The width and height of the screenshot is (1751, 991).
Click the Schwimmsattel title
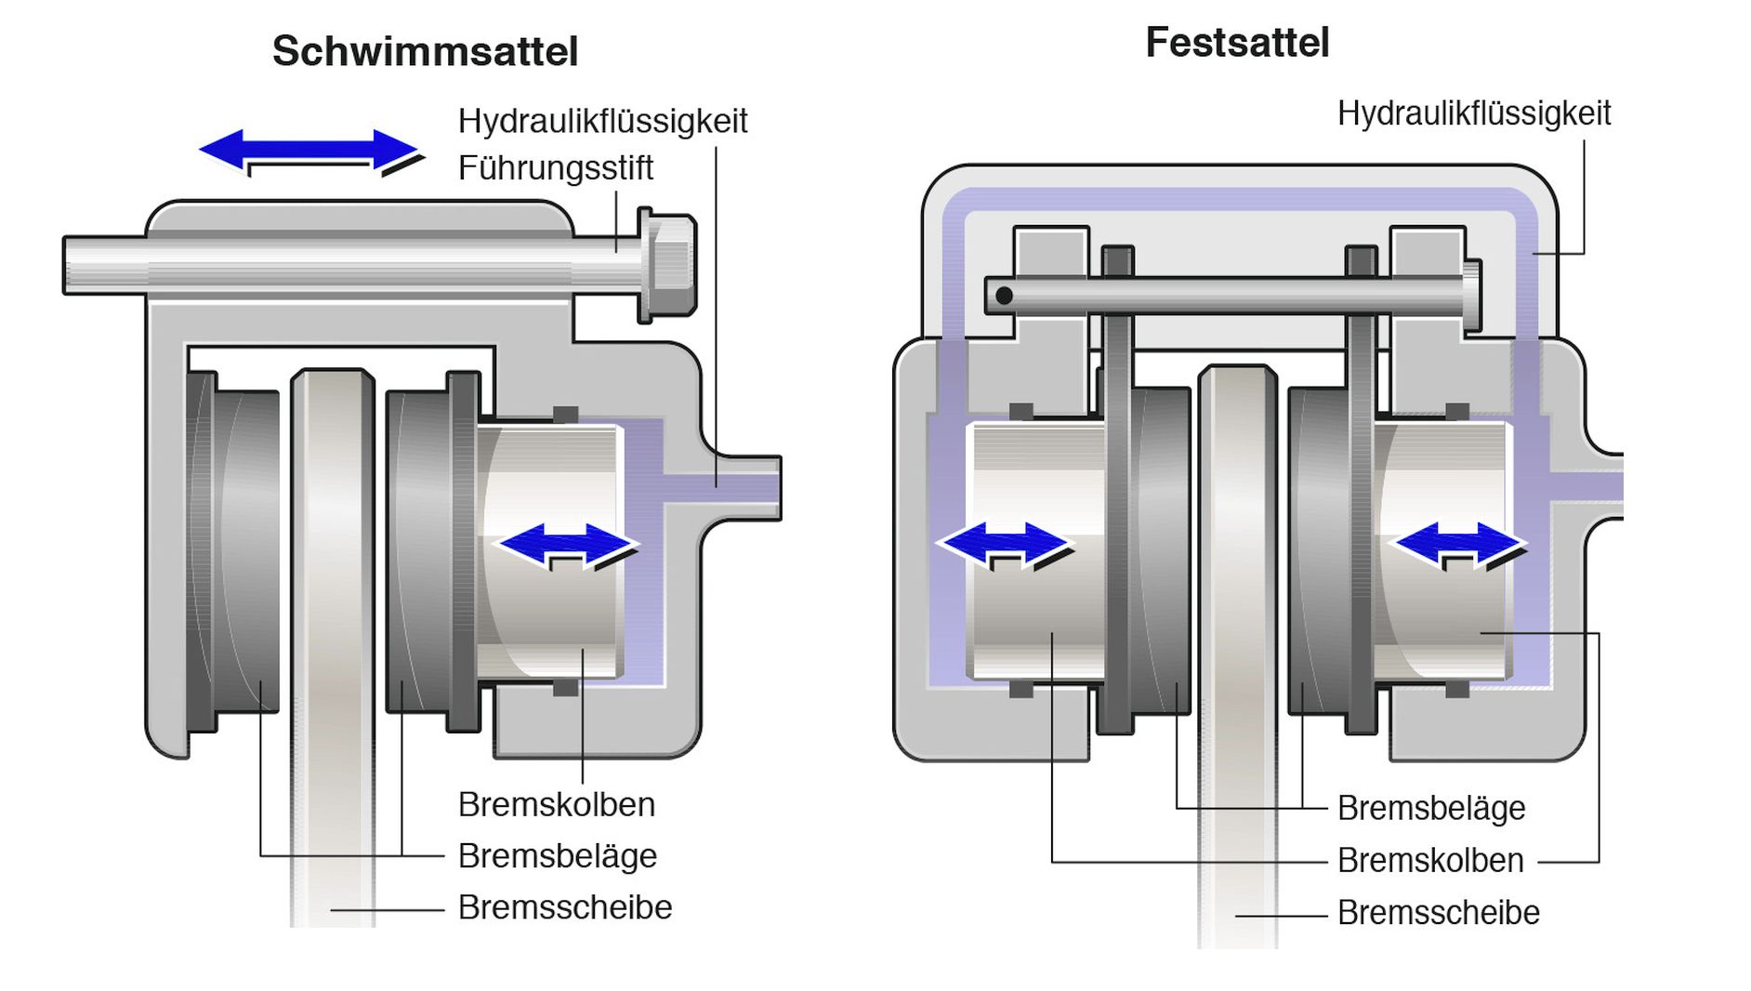pos(425,51)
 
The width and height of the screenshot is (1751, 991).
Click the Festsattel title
pos(1237,43)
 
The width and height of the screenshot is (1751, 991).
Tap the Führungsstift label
pos(555,168)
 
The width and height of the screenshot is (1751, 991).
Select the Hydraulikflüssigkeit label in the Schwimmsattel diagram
pos(602,121)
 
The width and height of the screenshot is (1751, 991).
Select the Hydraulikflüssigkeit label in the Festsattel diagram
pos(1473,113)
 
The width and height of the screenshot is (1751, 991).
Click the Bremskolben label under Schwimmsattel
pos(556,804)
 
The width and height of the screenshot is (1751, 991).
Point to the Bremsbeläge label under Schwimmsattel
pos(557,855)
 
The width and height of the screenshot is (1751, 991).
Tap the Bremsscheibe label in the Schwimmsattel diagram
pos(564,907)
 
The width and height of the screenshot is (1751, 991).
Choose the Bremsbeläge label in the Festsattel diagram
pos(1431,809)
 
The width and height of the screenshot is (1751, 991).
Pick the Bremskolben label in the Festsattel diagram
pos(1430,861)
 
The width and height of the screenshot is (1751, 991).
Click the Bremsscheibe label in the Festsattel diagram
pos(1438,913)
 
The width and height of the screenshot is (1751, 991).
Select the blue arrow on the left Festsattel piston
pos(1004,544)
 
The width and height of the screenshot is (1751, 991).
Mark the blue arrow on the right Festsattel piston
pos(1459,544)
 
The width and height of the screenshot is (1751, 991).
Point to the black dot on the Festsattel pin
pos(1004,296)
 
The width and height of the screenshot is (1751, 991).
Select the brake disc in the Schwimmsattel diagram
pos(332,604)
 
